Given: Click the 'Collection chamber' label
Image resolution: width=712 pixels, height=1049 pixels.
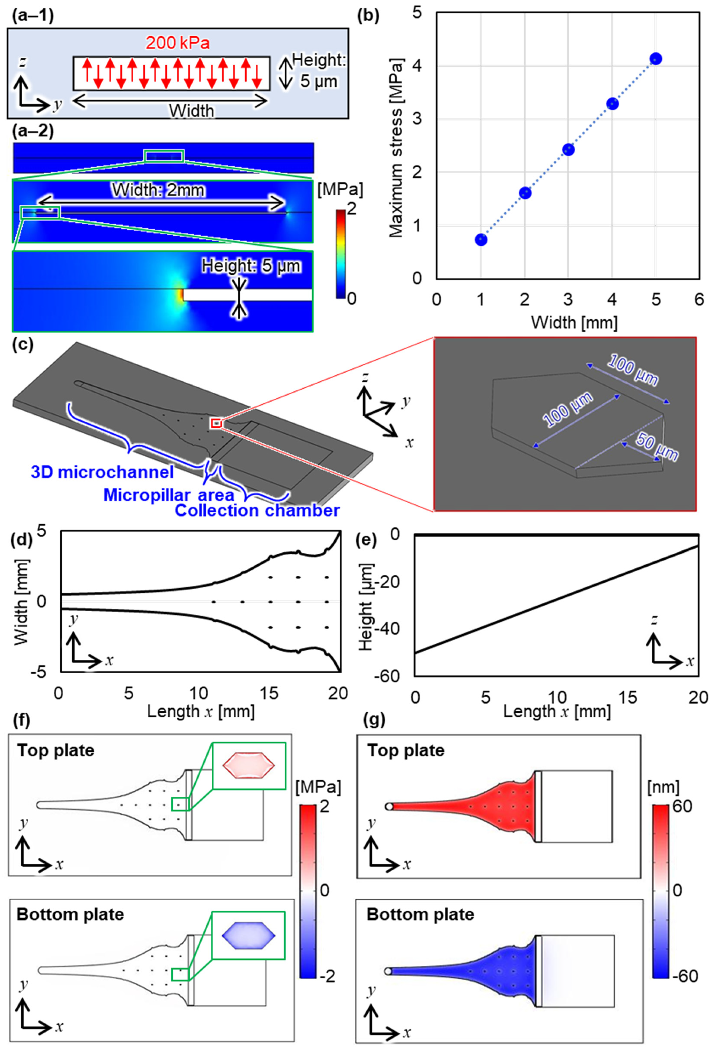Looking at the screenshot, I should click(257, 511).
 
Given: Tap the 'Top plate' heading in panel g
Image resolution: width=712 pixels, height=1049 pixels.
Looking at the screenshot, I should click(405, 751).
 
